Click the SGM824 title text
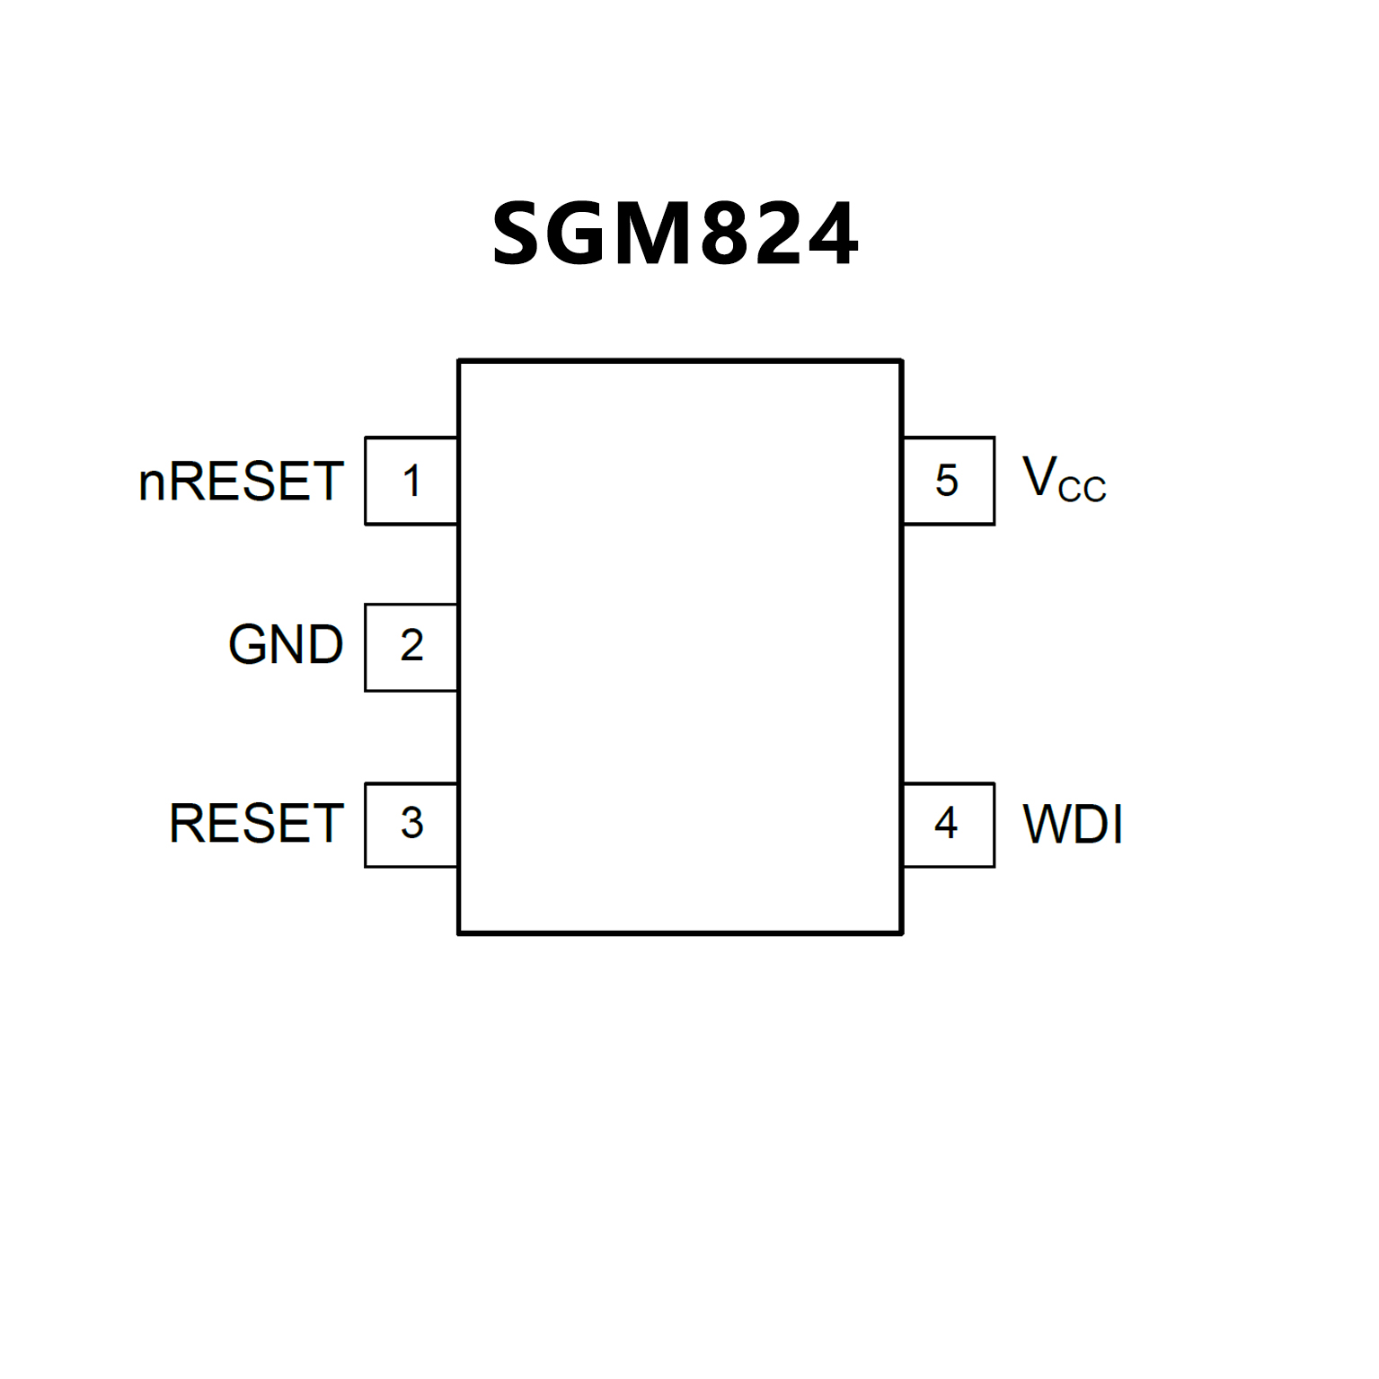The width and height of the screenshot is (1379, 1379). pos(675,234)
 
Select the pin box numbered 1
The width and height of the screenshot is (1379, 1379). pos(411,481)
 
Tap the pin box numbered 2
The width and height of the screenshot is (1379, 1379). pos(411,647)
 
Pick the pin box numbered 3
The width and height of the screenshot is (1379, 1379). pos(411,824)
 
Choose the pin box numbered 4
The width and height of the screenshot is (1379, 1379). pos(948,824)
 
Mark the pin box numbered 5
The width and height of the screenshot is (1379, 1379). pos(948,481)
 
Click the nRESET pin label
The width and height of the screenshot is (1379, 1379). pos(241,482)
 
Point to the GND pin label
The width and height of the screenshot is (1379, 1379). pos(286,645)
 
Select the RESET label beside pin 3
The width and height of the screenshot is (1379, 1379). pos(256,824)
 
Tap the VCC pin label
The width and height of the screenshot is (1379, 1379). pos(1064,479)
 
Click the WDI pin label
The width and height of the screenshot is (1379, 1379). pos(1073,824)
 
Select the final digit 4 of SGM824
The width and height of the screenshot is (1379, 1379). pos(829,234)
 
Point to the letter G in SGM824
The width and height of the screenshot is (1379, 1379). pos(580,234)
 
